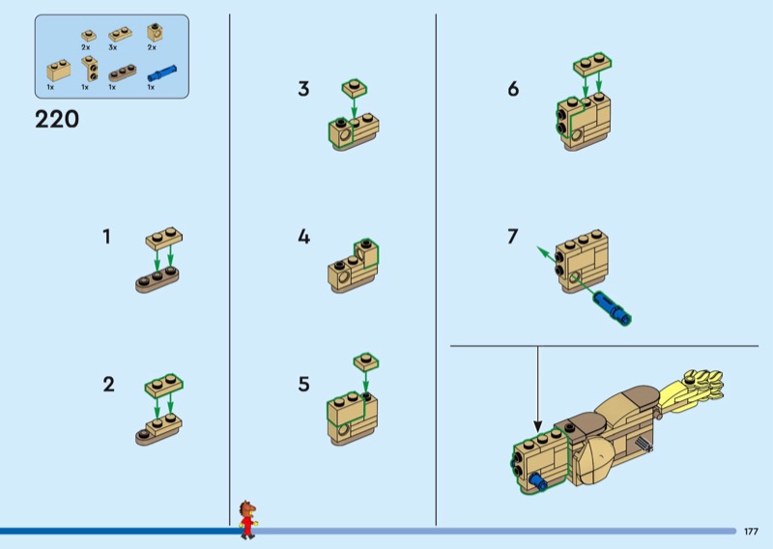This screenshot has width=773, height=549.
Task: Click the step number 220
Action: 57,120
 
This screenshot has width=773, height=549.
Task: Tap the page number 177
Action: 751,532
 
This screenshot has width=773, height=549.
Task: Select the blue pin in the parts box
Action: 162,73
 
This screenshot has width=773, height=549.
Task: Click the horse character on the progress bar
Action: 248,519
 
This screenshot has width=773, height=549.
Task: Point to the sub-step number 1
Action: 106,237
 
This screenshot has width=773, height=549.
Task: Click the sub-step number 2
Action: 108,385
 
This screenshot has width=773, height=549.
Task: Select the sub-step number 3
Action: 303,89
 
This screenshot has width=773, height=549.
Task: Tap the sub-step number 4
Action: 303,237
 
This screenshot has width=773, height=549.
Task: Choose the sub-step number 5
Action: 303,385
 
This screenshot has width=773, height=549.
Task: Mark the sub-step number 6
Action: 513,89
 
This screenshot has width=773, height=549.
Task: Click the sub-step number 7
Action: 513,237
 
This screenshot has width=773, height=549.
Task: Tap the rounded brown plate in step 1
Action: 157,280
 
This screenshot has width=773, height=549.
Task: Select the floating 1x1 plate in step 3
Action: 355,88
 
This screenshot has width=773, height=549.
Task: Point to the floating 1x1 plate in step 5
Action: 366,361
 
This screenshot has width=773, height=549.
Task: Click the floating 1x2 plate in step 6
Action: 592,64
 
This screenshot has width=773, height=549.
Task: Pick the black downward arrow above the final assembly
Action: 538,390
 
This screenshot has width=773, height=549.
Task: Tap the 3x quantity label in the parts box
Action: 113,47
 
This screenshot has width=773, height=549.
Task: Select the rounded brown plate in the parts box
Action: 123,73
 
